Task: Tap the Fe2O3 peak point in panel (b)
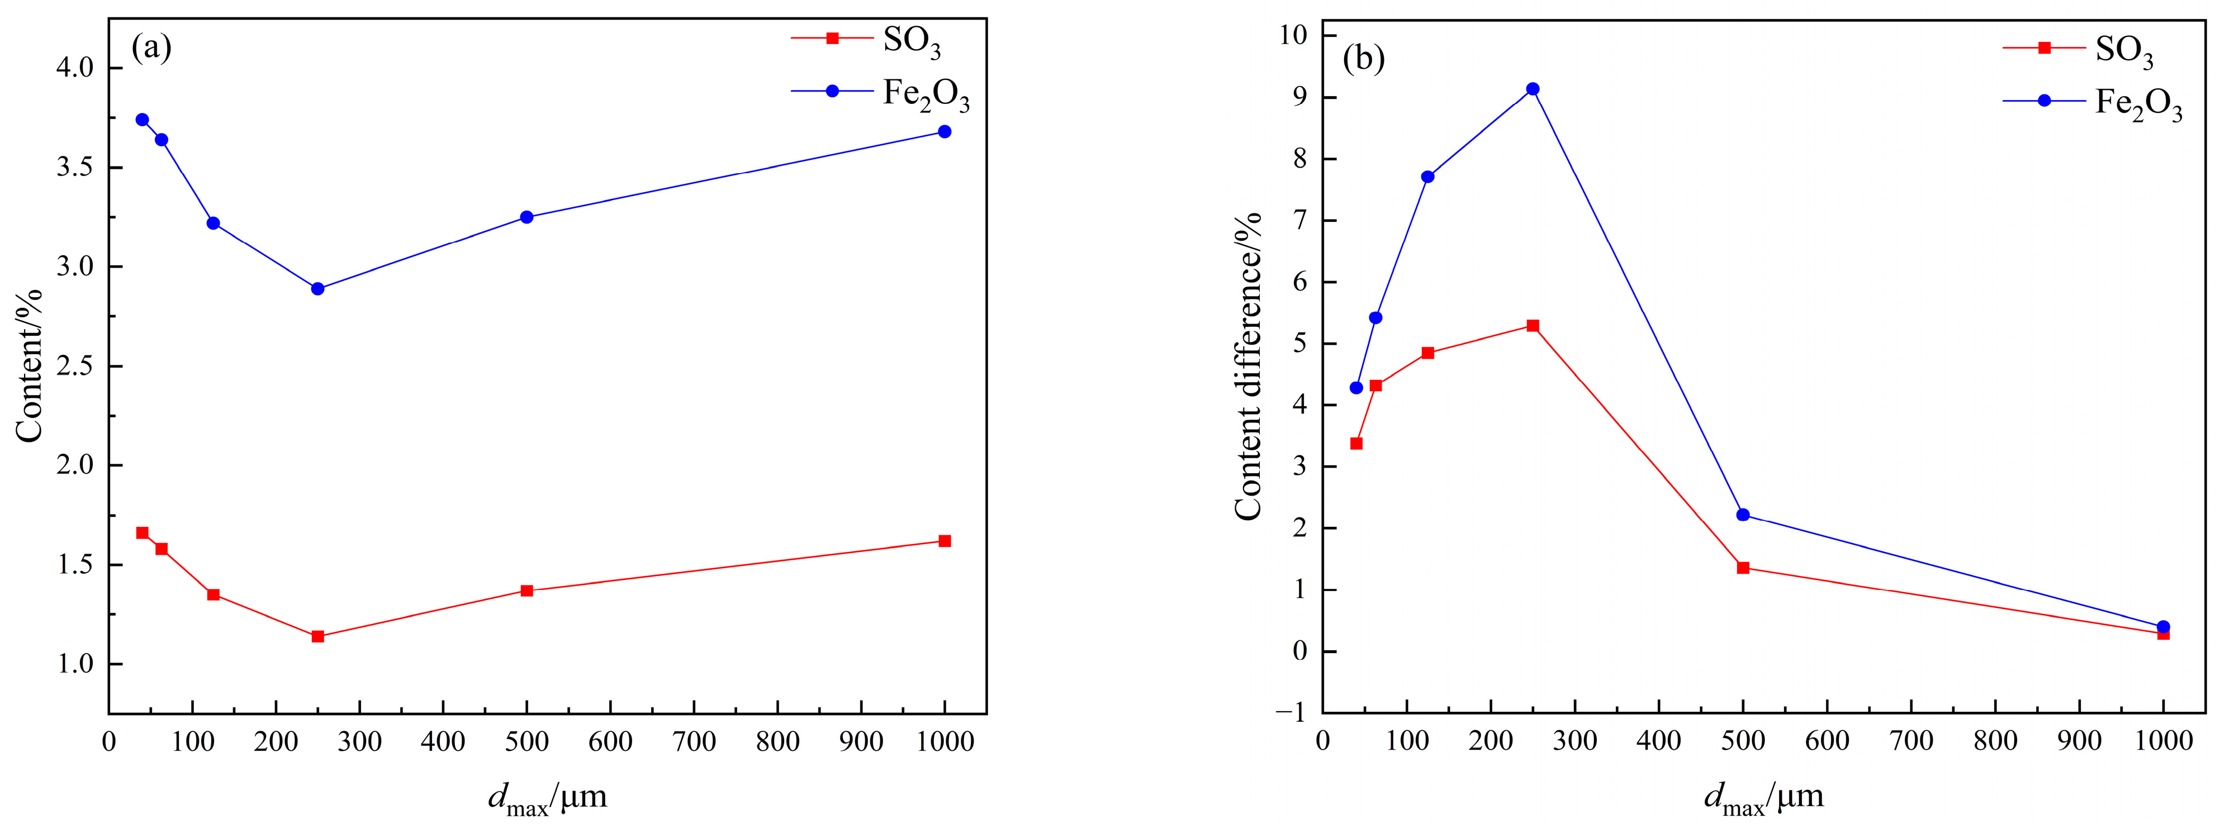1533,89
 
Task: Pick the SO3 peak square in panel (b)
1533,326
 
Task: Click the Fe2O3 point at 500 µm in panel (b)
1743,515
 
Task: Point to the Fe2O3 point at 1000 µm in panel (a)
945,132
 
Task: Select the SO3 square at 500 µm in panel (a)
526,591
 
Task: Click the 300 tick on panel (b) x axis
1574,741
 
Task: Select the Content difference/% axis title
1248,366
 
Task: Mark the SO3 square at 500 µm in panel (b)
1743,568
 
